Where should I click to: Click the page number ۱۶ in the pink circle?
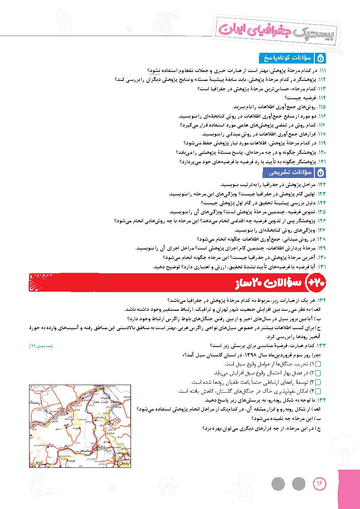(320, 483)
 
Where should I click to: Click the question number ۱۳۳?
(322, 346)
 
